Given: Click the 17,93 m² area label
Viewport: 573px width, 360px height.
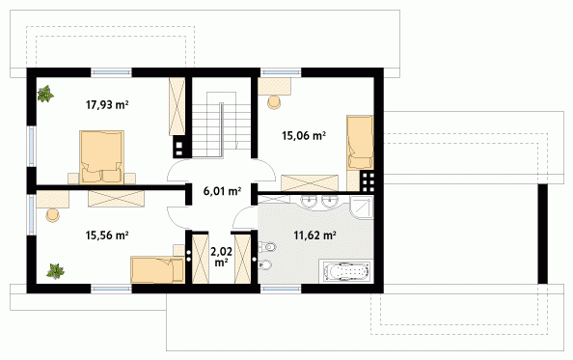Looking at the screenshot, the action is pos(107,105).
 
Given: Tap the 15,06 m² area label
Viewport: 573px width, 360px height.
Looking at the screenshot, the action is pos(304,136).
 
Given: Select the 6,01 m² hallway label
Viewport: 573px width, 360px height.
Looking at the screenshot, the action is pos(222,191).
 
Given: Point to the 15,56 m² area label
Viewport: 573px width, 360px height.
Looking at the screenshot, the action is pos(107,235).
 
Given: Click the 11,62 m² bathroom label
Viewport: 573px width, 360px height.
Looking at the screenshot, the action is pos(315,235).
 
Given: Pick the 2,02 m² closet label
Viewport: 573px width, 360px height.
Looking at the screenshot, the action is pos(221,257).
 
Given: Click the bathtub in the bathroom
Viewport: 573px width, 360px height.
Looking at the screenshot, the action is pos(346,271).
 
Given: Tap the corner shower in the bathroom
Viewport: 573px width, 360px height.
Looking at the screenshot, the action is pos(361,208).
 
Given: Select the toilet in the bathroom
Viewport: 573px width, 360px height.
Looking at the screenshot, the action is pos(266,247).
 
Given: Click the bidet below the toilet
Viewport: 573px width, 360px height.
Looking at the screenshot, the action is pos(265,264).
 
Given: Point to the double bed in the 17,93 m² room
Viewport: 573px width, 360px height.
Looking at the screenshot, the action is pos(101,157).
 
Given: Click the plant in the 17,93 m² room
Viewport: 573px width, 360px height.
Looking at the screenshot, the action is pos(45,94).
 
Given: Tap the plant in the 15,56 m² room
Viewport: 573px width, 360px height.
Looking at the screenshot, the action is pos(56,271).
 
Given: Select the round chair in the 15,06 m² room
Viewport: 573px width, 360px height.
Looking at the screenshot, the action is pos(274,102).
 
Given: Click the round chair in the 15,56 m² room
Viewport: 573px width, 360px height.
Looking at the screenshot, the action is pos(53,215).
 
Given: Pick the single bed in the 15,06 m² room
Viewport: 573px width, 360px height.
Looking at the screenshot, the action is pos(360,143).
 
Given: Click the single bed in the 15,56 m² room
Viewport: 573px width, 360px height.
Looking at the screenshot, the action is pos(157,269).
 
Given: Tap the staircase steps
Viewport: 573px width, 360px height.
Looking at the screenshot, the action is pos(222,125).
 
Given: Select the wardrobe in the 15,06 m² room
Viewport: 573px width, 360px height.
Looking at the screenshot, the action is pos(310,183).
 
